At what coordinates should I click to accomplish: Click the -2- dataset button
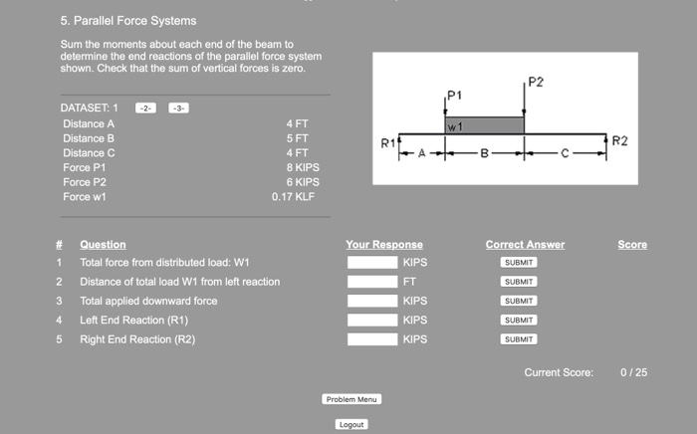click(145, 108)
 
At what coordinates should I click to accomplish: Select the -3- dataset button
click(178, 108)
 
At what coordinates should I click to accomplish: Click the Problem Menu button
click(352, 399)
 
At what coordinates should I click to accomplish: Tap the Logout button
click(351, 424)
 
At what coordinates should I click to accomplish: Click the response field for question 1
click(372, 263)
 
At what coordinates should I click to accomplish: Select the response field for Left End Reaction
click(372, 321)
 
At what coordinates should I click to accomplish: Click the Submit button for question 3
click(519, 301)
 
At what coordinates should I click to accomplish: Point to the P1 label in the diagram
click(454, 95)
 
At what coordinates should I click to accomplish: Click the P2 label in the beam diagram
click(536, 81)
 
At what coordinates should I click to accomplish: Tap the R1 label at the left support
click(388, 144)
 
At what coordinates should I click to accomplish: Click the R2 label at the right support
click(619, 141)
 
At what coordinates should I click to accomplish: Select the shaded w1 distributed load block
click(485, 126)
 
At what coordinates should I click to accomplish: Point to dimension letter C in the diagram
click(565, 154)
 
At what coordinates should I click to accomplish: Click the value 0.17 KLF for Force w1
click(296, 197)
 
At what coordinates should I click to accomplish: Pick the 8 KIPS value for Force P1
click(303, 167)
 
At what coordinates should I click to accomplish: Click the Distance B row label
click(89, 138)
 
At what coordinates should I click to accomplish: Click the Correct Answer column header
click(525, 245)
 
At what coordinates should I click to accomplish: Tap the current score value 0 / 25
click(633, 372)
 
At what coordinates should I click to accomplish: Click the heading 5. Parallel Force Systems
click(127, 21)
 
